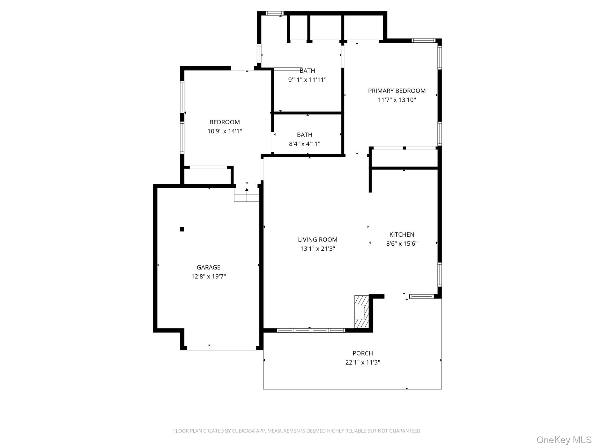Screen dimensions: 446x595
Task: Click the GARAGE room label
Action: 208,267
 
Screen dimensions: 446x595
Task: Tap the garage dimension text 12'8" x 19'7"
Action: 208,276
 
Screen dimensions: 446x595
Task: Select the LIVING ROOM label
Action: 317,239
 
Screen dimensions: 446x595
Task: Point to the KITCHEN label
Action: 402,234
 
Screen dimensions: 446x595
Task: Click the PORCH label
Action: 363,353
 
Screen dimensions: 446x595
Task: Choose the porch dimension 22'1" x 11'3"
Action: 363,362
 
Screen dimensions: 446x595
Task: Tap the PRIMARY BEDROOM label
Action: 397,91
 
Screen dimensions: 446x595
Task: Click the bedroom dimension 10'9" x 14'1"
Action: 224,131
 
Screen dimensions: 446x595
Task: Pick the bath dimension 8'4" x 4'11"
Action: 304,144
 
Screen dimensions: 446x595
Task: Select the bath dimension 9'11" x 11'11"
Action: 307,80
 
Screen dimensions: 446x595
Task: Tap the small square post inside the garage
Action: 182,229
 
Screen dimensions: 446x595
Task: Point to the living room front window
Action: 311,330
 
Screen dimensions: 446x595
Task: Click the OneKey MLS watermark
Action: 564,440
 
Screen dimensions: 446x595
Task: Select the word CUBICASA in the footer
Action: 242,431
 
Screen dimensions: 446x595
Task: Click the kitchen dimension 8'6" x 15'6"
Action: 402,244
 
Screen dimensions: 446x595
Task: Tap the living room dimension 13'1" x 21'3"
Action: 317,249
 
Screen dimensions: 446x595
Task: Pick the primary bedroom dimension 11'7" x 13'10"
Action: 397,100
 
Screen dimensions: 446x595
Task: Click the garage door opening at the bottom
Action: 221,350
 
